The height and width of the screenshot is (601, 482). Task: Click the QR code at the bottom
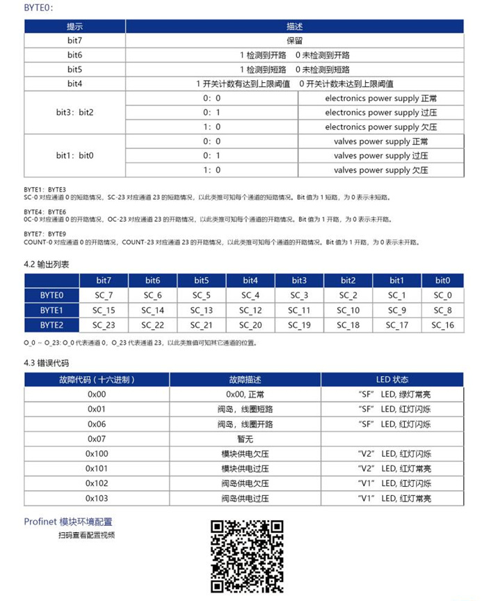pyautogui.click(x=247, y=556)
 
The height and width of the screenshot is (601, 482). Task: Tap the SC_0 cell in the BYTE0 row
pyautogui.click(x=442, y=295)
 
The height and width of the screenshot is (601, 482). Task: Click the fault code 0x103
pyautogui.click(x=96, y=499)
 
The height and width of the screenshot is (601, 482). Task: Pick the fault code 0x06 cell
pyautogui.click(x=96, y=424)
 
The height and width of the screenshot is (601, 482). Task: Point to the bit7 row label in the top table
pyautogui.click(x=74, y=40)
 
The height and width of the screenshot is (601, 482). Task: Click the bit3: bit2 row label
pyautogui.click(x=74, y=112)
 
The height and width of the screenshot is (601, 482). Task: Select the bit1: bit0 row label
pyautogui.click(x=74, y=155)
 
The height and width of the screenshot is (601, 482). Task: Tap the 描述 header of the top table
pyautogui.click(x=294, y=26)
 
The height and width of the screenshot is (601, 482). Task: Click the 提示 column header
pyautogui.click(x=74, y=26)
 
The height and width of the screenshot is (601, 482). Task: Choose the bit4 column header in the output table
pyautogui.click(x=250, y=280)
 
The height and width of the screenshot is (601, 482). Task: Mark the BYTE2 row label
pyautogui.click(x=51, y=325)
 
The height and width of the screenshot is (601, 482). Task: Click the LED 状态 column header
pyautogui.click(x=392, y=380)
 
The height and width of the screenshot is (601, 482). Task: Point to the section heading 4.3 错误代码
pyautogui.click(x=47, y=364)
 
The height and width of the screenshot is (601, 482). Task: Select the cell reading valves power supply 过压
pyautogui.click(x=380, y=155)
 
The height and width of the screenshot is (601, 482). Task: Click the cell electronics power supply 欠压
pyautogui.click(x=380, y=127)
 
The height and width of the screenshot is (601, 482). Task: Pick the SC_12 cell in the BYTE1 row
pyautogui.click(x=250, y=310)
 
